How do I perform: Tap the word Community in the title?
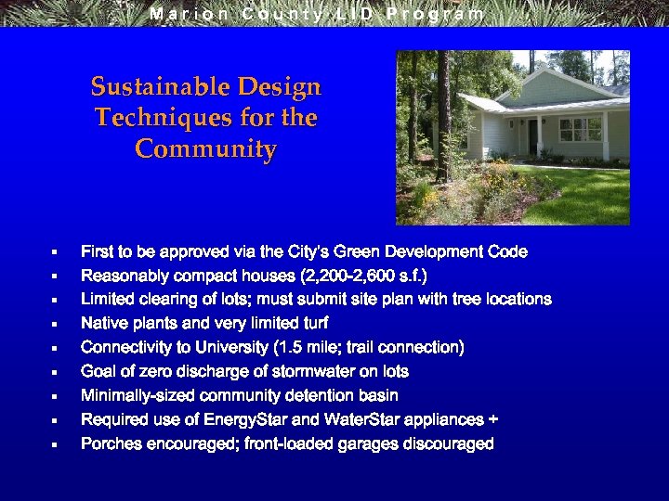tap(205, 149)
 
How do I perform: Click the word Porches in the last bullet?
tap(109, 444)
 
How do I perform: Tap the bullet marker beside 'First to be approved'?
tap(55, 252)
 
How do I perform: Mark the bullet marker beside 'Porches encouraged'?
tap(55, 444)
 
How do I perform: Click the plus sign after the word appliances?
tap(493, 420)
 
